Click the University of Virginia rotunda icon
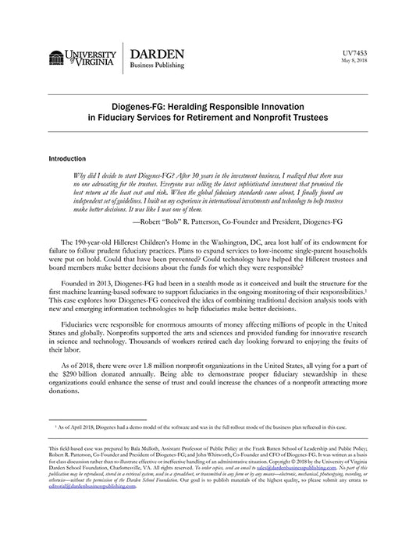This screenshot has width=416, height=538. click(x=57, y=57)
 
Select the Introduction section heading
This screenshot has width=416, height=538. click(x=69, y=158)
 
